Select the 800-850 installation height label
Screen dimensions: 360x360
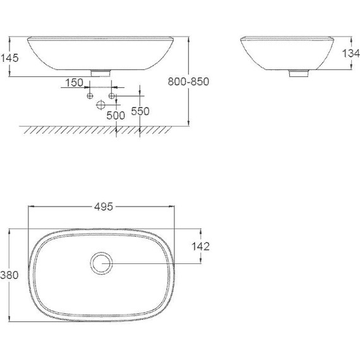(189, 81)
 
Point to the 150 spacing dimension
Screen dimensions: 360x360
(74, 83)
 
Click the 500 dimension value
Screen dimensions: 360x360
(115, 115)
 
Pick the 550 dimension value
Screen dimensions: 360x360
(140, 111)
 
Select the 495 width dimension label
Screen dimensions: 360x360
(103, 206)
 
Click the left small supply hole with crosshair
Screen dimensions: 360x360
(90, 95)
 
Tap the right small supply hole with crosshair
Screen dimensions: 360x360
(112, 95)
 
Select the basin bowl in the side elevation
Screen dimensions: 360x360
(288, 54)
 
